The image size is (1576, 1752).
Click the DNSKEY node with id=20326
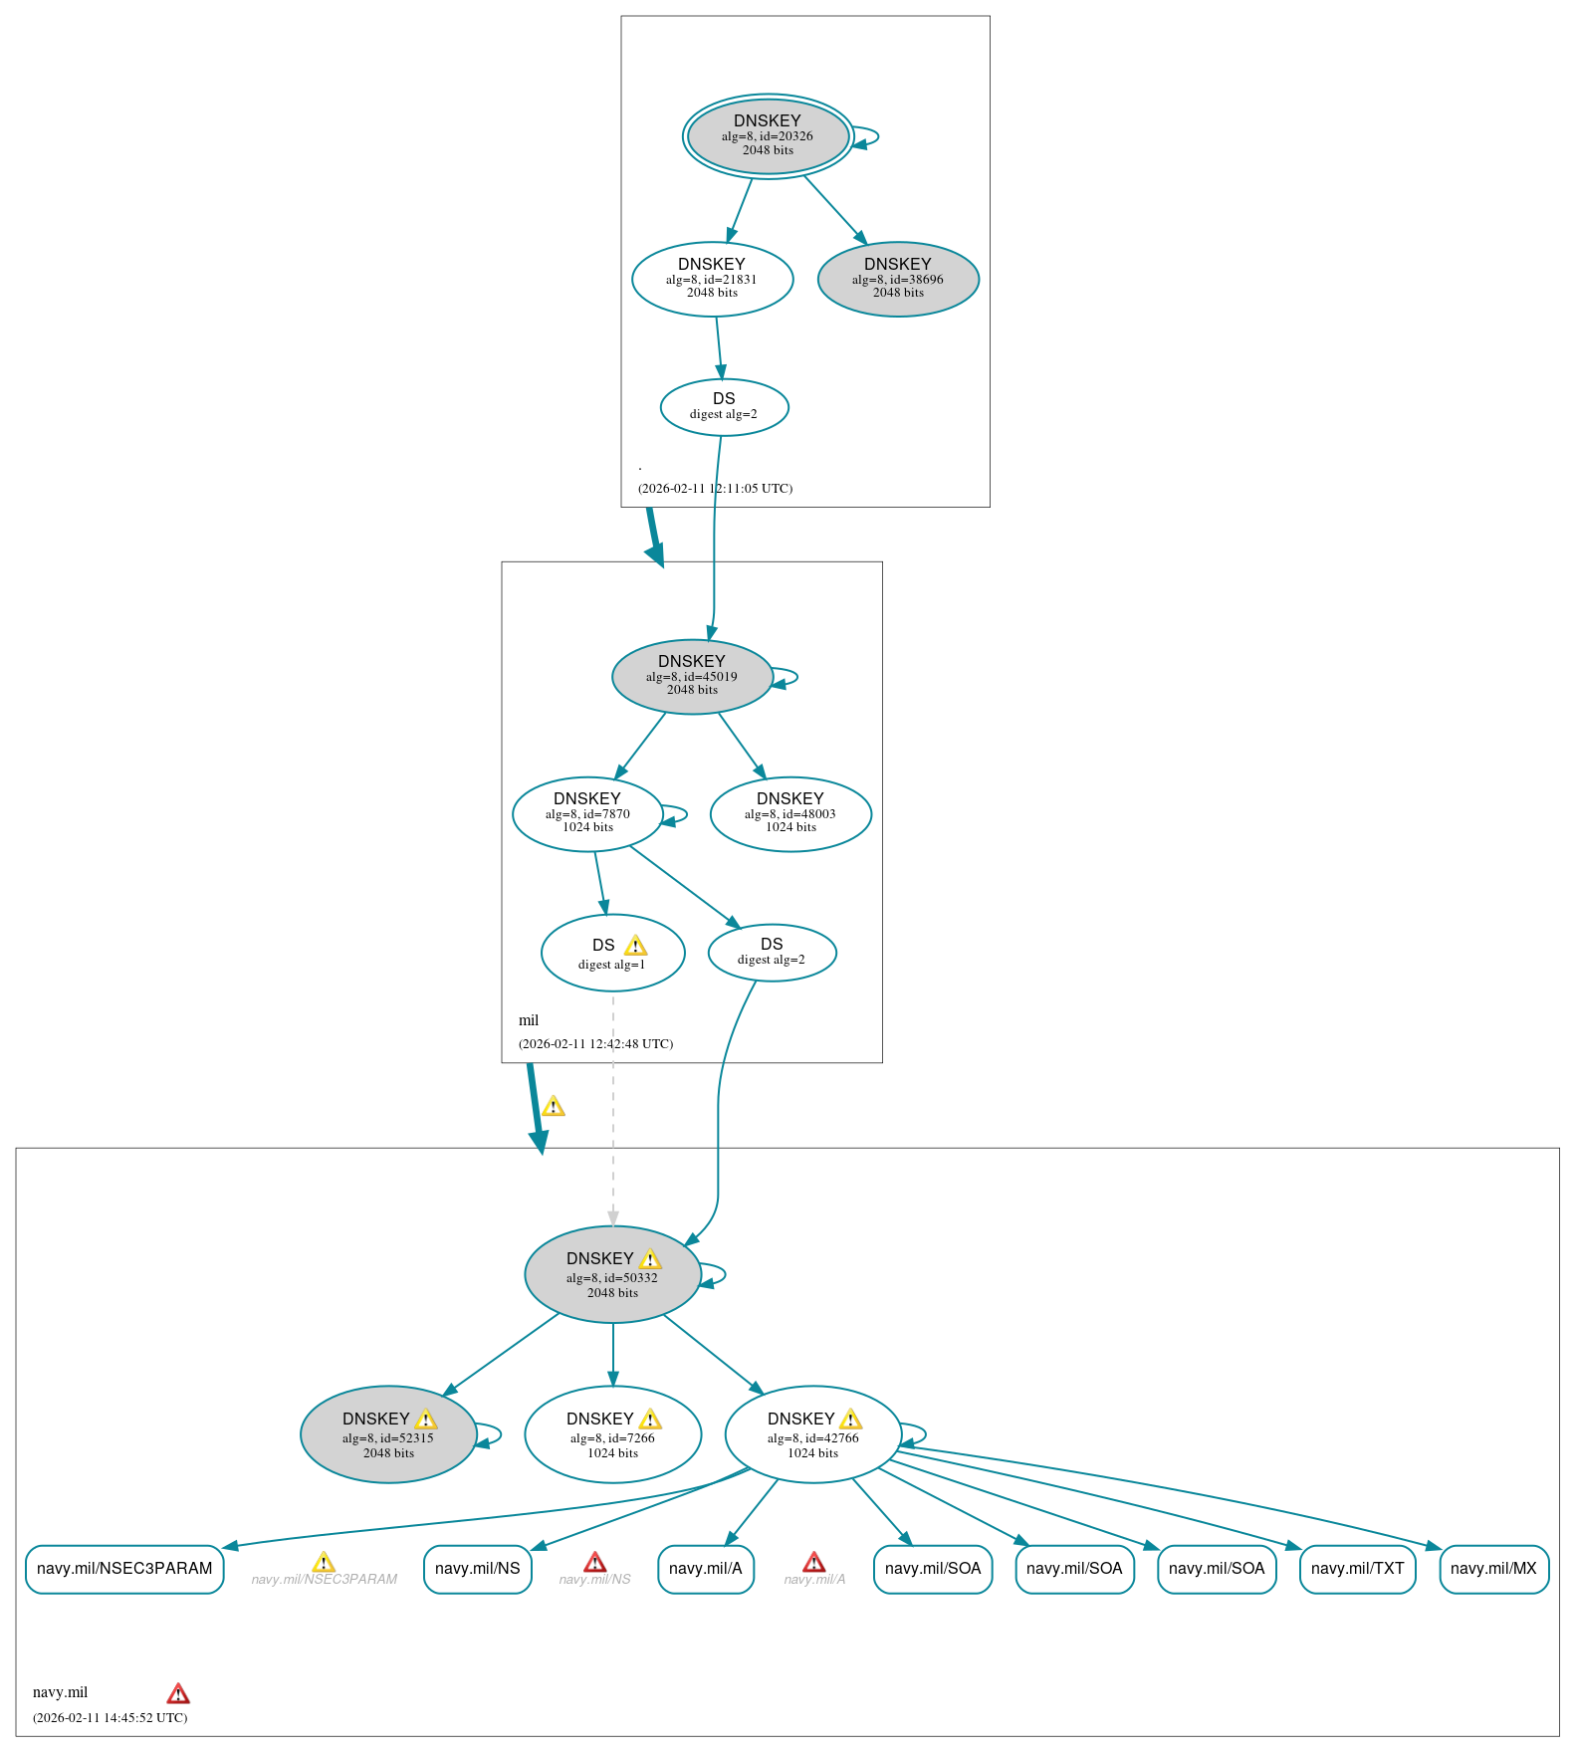click(768, 136)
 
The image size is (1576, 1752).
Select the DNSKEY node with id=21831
click(712, 279)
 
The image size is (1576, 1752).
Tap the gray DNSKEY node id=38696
click(898, 279)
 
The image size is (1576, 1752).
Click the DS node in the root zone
click(724, 406)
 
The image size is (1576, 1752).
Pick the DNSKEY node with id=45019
click(692, 676)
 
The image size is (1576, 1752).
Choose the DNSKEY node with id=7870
click(587, 813)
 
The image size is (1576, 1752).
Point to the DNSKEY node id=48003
click(790, 813)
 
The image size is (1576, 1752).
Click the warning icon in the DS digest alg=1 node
click(635, 946)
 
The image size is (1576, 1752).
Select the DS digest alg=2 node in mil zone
click(772, 952)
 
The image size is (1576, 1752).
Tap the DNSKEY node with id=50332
click(612, 1274)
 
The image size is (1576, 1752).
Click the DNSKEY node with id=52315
click(388, 1434)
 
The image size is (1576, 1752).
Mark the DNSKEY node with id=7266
click(612, 1434)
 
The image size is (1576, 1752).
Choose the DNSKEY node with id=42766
click(812, 1434)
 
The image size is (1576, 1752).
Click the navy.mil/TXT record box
click(1357, 1569)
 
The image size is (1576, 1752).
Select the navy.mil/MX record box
click(1493, 1569)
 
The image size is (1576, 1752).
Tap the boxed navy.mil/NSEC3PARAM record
click(124, 1569)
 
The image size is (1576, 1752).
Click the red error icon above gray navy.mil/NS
click(594, 1562)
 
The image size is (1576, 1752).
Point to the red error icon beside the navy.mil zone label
click(178, 1693)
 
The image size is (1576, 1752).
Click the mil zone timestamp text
click(595, 1044)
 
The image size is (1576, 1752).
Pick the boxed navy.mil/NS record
click(478, 1569)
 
